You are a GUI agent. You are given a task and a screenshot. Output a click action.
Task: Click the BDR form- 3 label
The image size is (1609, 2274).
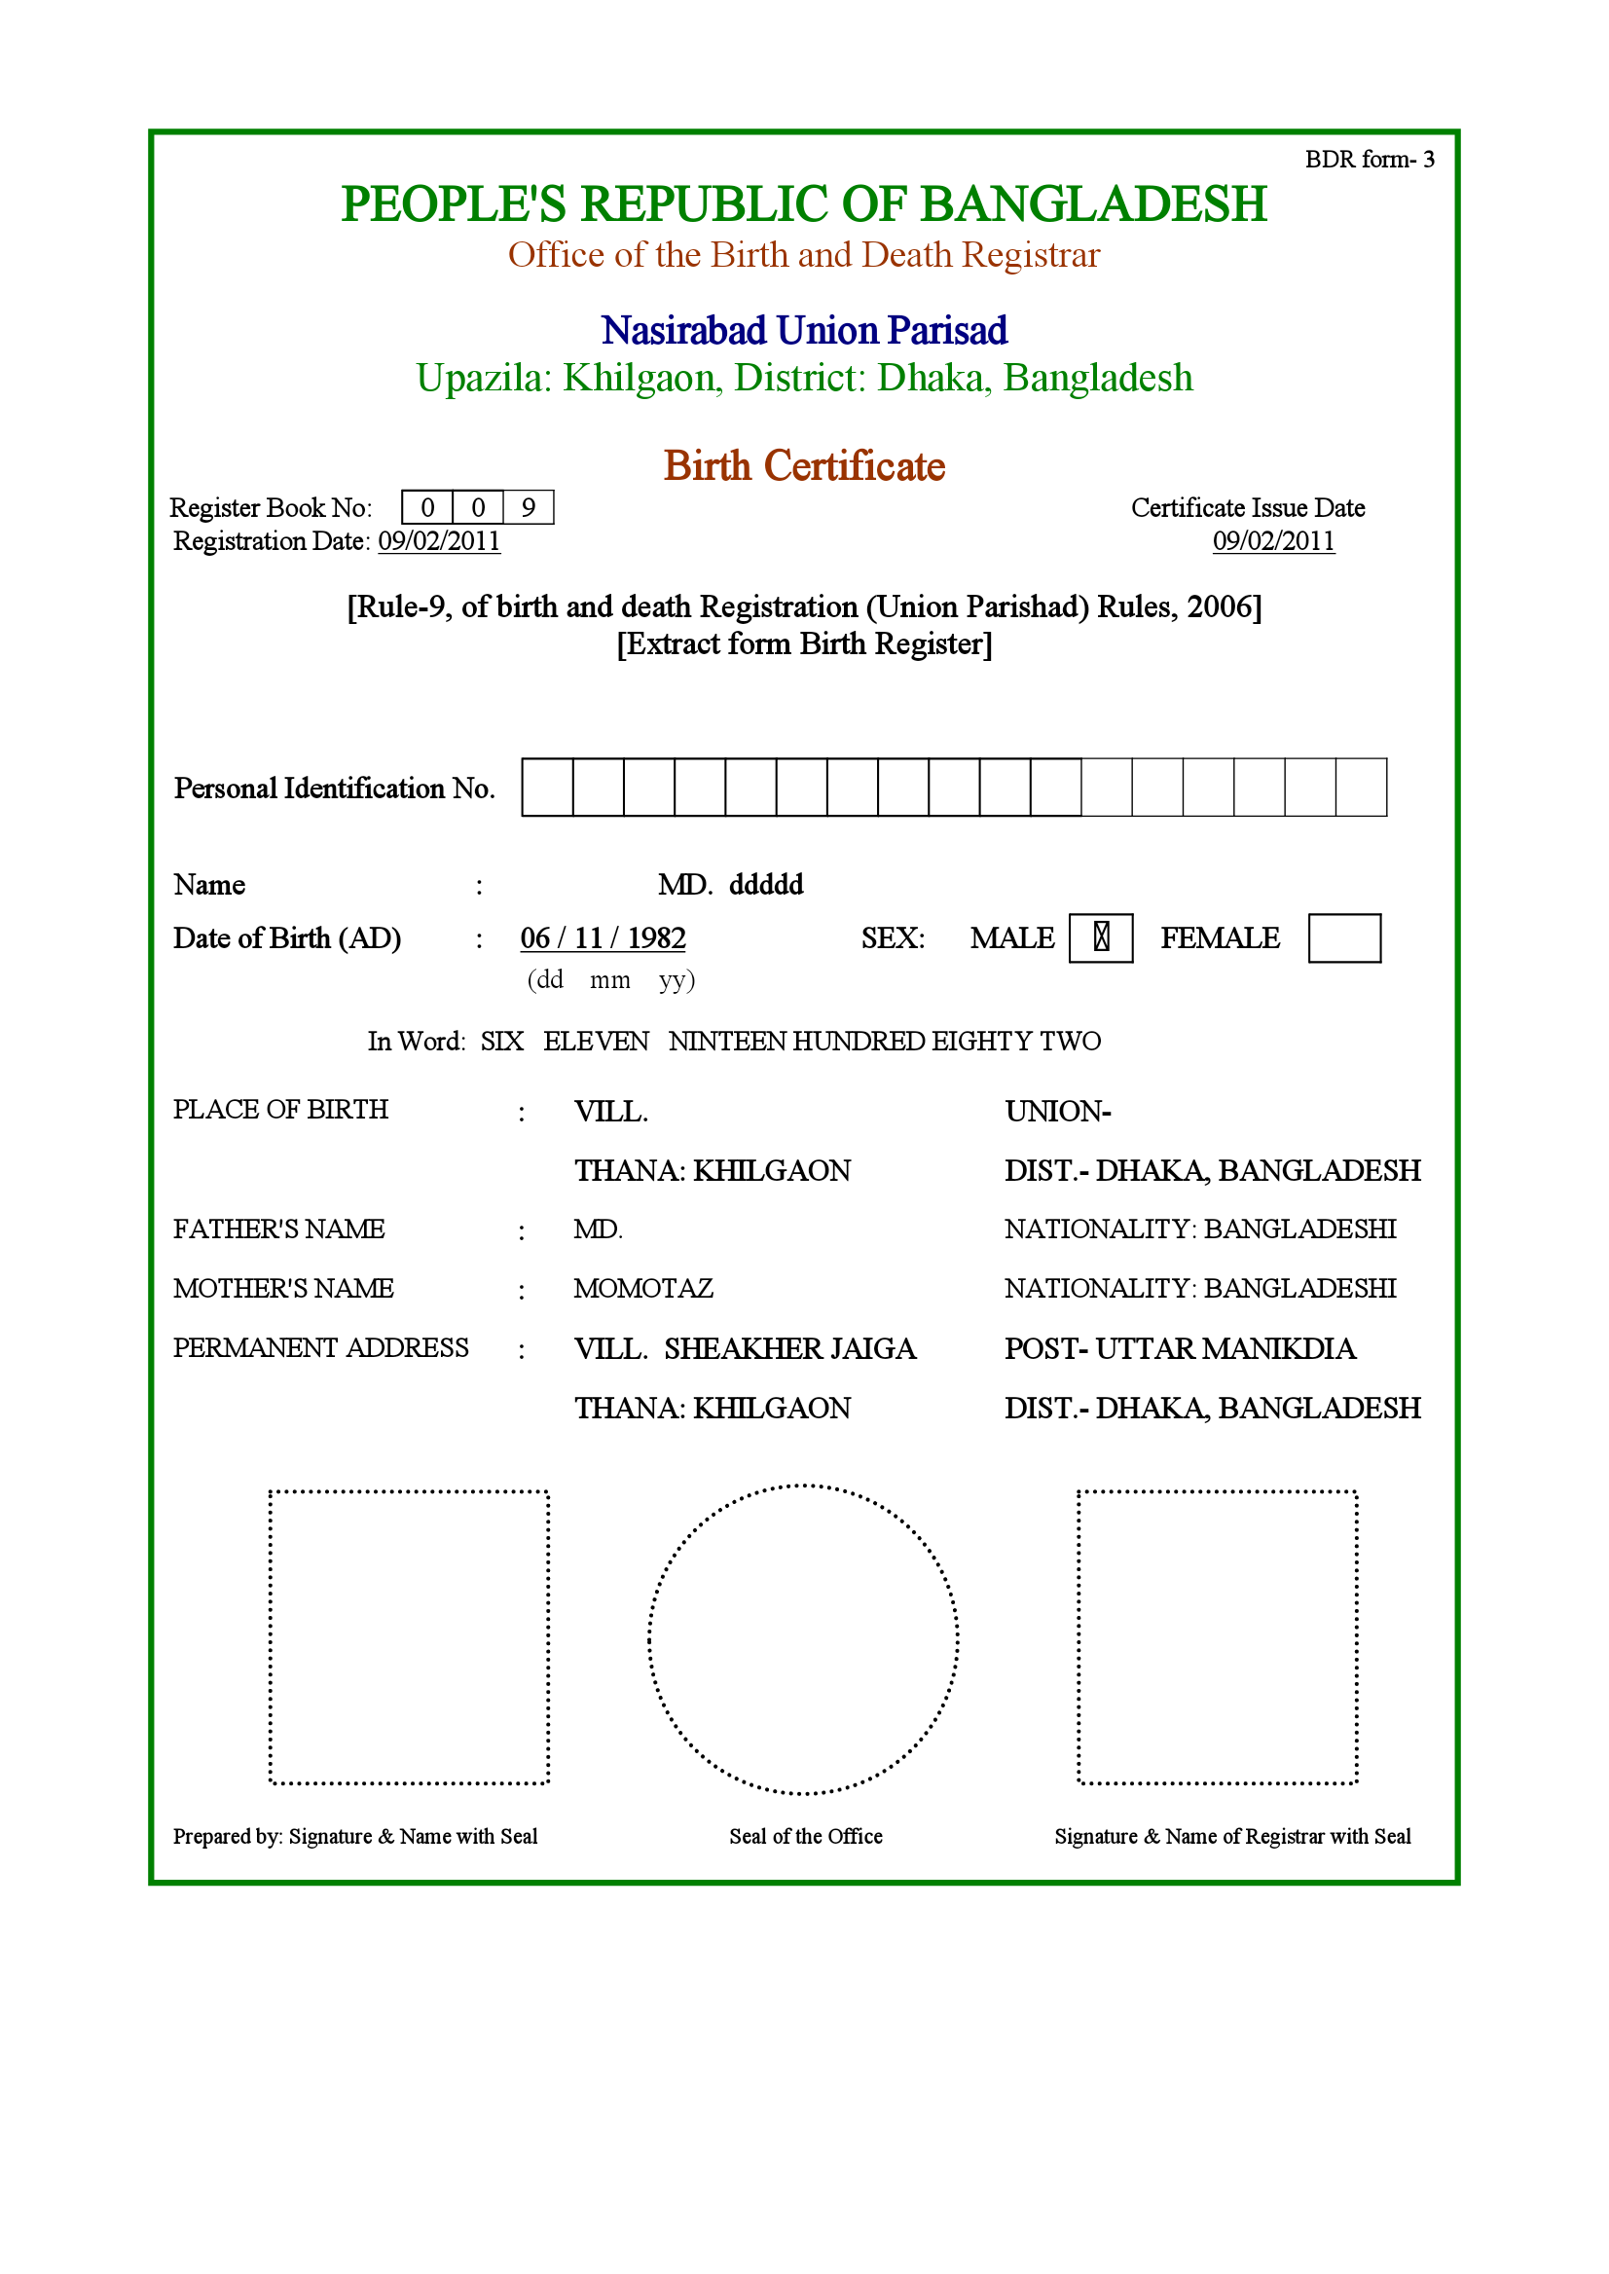tap(1369, 160)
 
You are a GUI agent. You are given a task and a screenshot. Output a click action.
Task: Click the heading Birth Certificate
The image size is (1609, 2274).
tap(803, 465)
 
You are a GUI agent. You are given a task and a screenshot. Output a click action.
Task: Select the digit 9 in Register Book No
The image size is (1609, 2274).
tap(529, 507)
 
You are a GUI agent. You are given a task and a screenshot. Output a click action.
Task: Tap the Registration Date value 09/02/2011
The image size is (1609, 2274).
tap(439, 541)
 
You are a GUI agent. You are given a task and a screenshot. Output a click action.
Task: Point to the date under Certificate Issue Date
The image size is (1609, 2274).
tap(1273, 541)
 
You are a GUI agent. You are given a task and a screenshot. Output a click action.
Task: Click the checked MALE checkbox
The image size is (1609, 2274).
tap(1100, 937)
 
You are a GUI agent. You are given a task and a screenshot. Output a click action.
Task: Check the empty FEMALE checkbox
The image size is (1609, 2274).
tap(1343, 937)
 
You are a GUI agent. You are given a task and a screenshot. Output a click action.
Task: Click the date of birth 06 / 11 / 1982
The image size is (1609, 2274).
tap(603, 937)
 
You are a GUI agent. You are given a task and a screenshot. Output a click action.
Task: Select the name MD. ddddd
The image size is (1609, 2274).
tap(730, 884)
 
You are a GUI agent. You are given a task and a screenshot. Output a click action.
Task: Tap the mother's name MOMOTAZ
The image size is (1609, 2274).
tap(643, 1288)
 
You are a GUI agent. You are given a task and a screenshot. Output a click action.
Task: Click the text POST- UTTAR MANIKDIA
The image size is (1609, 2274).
tap(1179, 1348)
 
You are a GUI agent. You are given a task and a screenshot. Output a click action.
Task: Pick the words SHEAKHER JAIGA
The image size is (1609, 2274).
tap(789, 1348)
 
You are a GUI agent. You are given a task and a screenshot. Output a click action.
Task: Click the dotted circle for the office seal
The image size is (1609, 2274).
tap(803, 1639)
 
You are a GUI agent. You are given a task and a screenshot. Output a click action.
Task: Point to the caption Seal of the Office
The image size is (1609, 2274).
tap(806, 1836)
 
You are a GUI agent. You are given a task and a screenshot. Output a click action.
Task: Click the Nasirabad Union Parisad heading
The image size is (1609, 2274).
tap(803, 330)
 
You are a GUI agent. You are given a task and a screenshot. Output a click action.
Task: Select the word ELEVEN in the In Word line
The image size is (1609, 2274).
tap(596, 1041)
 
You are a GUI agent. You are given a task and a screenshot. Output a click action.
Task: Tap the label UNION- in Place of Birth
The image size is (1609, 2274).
tap(1057, 1112)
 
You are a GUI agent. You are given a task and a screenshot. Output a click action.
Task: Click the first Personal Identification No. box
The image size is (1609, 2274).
tap(547, 787)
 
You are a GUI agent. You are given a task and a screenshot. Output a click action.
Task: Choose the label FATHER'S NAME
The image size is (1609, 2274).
tap(278, 1229)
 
